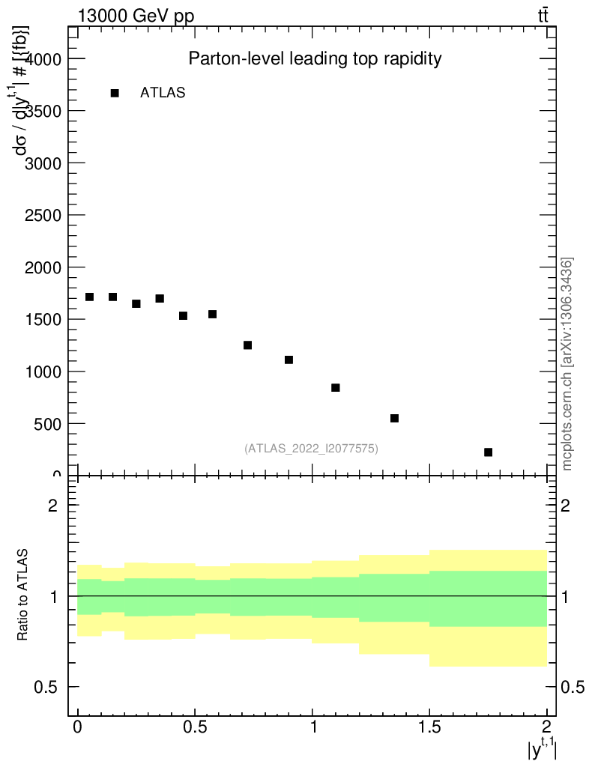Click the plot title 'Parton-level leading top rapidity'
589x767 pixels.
(x=315, y=58)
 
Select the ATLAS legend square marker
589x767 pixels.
(x=115, y=93)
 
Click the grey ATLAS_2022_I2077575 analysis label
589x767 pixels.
(x=311, y=449)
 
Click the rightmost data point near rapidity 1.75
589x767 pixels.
(x=488, y=452)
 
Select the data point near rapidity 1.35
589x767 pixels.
(x=394, y=418)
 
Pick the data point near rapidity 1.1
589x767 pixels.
(x=336, y=387)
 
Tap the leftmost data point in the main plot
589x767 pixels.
(x=90, y=297)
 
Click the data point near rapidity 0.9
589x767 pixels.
(x=289, y=360)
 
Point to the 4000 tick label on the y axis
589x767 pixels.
(x=44, y=58)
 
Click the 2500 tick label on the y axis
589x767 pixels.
(x=44, y=215)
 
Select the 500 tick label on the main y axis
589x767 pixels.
(x=49, y=424)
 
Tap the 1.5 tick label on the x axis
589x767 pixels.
(x=429, y=727)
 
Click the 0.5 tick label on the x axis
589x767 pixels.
(x=195, y=727)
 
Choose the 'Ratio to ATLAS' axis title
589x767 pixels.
(x=23, y=595)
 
